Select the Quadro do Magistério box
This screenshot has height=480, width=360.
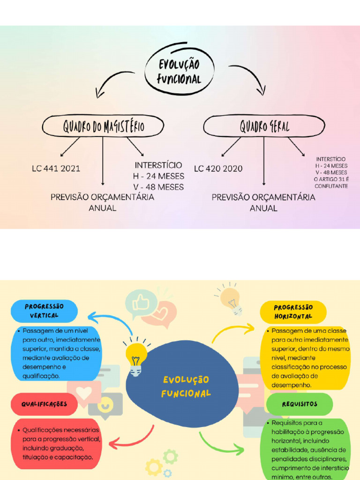[103, 126]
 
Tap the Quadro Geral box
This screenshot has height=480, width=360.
[264, 126]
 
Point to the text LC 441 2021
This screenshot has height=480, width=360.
[56, 169]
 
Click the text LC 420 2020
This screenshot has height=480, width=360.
[218, 169]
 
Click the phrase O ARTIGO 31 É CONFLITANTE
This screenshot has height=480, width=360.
[331, 183]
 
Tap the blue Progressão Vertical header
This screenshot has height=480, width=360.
[44, 311]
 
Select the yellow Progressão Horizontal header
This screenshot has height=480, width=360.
[293, 312]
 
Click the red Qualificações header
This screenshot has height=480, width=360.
[44, 404]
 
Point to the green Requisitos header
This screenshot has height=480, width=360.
[300, 404]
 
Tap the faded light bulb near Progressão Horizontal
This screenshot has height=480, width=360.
[231, 300]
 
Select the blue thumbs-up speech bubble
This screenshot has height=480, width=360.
[141, 303]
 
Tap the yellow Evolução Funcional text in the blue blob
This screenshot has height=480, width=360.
[186, 386]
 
